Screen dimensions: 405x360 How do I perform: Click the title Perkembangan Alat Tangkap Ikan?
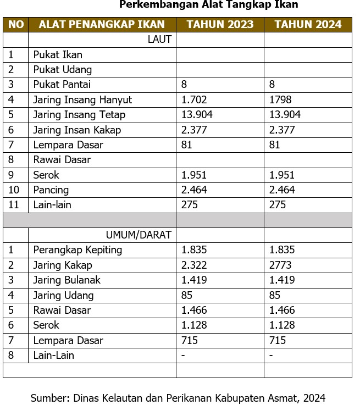(x=208, y=5)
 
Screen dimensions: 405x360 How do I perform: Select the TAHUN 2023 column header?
(x=220, y=25)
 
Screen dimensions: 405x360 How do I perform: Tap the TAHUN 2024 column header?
(x=308, y=25)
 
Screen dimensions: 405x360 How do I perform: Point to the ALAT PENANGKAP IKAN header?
(x=102, y=25)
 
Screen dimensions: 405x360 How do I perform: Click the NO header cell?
(x=16, y=25)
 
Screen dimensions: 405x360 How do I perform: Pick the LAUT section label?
(x=159, y=40)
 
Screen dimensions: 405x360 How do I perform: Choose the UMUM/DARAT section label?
(x=139, y=235)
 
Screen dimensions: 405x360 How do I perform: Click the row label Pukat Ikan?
(x=58, y=55)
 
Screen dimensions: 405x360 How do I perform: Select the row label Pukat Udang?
(x=62, y=70)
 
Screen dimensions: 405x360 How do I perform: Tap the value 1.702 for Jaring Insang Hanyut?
(x=193, y=100)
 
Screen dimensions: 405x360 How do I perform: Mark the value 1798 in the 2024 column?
(x=280, y=100)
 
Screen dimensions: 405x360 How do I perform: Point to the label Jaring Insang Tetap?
(x=79, y=115)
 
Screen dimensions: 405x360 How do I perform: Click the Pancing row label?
(x=51, y=190)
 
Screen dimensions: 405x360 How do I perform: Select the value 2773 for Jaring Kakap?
(x=280, y=265)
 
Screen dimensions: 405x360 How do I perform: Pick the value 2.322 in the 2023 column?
(x=193, y=265)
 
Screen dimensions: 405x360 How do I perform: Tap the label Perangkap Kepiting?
(x=77, y=250)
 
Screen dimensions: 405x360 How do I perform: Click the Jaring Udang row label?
(x=63, y=296)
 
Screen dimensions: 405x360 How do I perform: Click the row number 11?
(x=13, y=205)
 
